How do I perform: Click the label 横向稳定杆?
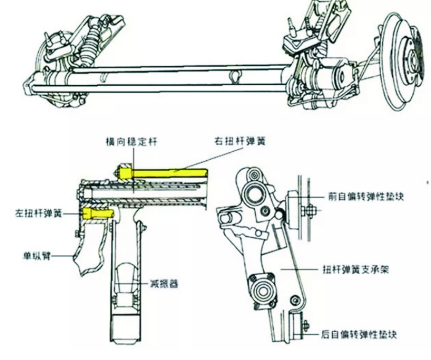pyautogui.click(x=132, y=142)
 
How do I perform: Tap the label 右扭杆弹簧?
pyautogui.click(x=240, y=141)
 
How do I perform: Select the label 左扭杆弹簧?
pyautogui.click(x=38, y=213)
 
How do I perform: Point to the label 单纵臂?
pyautogui.click(x=37, y=256)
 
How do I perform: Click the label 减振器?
pyautogui.click(x=163, y=283)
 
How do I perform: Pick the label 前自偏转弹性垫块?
pyautogui.click(x=366, y=197)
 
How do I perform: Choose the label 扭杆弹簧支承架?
pyautogui.click(x=355, y=269)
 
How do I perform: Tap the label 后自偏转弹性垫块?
pyautogui.click(x=359, y=335)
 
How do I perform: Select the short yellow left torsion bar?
pyautogui.click(x=98, y=213)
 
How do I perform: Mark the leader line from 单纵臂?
pyautogui.click(x=62, y=256)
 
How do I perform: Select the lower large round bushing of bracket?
pyautogui.click(x=262, y=290)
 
